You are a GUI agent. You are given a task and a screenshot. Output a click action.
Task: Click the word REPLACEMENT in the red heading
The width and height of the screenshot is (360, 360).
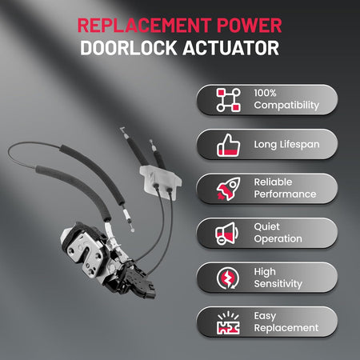(x=145, y=26)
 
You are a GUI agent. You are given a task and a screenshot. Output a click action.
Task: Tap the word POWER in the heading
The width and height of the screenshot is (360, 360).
(x=250, y=26)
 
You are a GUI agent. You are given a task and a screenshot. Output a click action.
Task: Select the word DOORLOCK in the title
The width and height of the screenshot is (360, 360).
(x=128, y=48)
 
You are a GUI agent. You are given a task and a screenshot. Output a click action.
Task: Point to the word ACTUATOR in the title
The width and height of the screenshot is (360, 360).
(x=231, y=48)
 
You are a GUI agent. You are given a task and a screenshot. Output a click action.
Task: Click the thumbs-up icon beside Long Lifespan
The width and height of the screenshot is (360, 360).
(x=228, y=146)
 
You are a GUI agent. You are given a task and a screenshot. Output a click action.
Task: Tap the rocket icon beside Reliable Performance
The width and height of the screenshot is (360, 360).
(x=228, y=189)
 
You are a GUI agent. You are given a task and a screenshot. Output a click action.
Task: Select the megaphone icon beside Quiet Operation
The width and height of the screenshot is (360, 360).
(x=227, y=234)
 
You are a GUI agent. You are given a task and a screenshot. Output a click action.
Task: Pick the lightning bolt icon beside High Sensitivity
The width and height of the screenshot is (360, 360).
(x=228, y=278)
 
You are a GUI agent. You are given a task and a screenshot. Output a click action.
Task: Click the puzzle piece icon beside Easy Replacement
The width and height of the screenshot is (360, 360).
(x=228, y=323)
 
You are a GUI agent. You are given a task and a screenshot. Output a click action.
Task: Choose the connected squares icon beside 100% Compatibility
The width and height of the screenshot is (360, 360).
(x=228, y=100)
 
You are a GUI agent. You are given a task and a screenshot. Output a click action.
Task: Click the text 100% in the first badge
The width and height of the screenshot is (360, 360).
(x=265, y=93)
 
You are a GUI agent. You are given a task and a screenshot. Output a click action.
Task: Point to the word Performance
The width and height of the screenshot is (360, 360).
(x=285, y=194)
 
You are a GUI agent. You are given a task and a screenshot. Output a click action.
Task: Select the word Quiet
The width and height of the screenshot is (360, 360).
(x=266, y=227)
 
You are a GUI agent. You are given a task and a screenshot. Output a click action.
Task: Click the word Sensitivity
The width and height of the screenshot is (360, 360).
(x=278, y=284)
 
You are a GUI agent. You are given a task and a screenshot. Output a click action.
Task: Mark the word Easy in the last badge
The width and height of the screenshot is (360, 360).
(x=265, y=316)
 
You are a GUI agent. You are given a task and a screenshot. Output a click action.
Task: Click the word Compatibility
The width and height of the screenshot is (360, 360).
(x=286, y=106)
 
